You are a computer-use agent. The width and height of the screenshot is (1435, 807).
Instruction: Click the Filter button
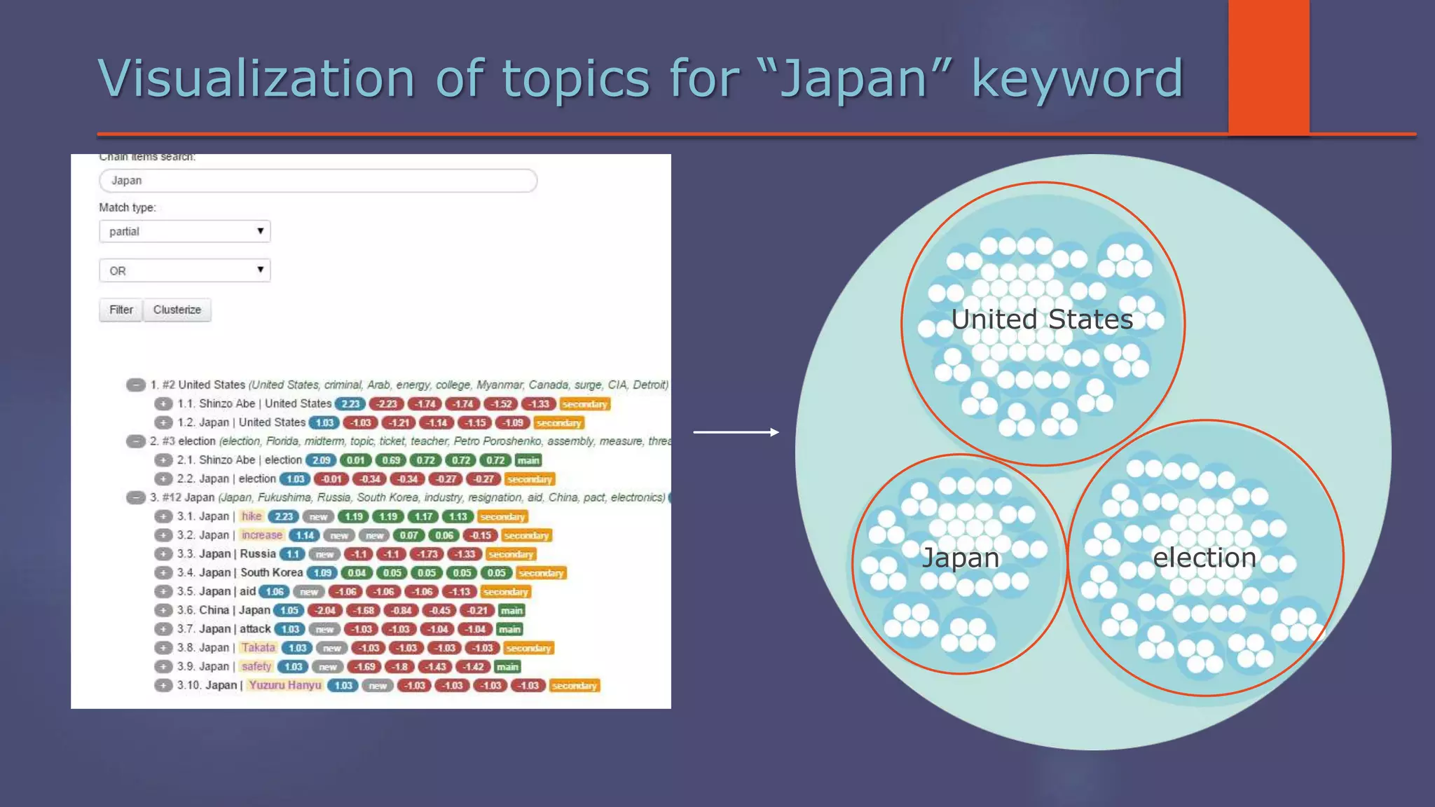121,310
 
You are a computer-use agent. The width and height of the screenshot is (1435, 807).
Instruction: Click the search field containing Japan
318,181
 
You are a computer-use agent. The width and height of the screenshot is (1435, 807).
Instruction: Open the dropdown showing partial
185,231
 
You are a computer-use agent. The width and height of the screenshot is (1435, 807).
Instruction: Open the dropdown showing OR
185,270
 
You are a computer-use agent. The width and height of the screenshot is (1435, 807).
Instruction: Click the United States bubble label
1042,319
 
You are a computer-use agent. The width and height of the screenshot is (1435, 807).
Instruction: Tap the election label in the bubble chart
1204,558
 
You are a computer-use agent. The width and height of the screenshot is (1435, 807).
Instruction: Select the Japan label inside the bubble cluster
961,558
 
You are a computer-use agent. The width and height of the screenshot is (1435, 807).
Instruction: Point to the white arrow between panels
736,432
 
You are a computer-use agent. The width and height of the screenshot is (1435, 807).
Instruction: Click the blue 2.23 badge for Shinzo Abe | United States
350,404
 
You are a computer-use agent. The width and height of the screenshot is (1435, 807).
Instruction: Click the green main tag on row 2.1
528,460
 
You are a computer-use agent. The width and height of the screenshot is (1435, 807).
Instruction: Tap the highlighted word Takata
259,648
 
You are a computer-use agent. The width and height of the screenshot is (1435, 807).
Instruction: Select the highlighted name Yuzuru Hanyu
285,685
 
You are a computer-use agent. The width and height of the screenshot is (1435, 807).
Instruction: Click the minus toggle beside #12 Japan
136,498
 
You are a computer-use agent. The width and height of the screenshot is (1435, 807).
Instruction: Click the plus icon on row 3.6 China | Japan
163,610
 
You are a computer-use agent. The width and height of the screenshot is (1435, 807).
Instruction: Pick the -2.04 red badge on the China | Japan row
325,610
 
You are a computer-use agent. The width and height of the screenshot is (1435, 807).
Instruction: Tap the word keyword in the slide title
1077,78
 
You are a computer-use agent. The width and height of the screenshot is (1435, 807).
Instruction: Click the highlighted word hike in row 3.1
252,516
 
